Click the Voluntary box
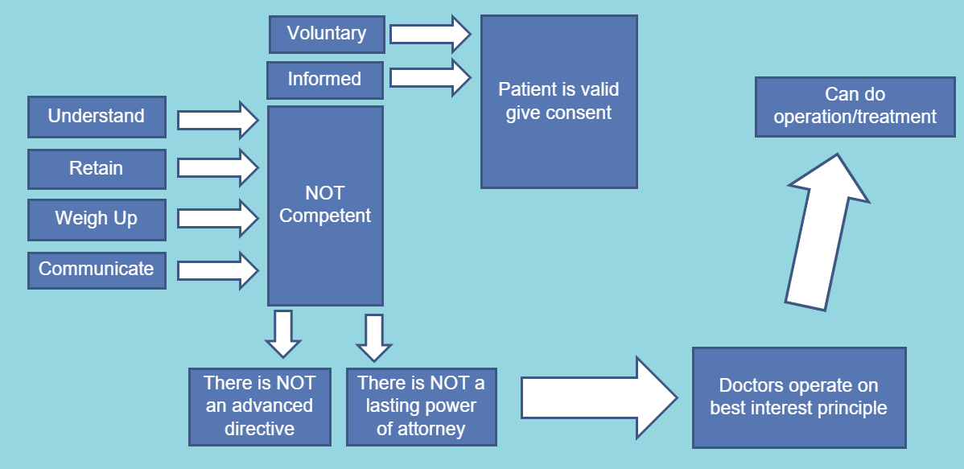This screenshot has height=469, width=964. click(326, 34)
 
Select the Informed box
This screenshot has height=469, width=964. click(325, 79)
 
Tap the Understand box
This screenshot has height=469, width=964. click(97, 117)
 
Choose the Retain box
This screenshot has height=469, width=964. click(97, 169)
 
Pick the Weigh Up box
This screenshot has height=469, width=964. click(97, 219)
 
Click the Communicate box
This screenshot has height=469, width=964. click(97, 269)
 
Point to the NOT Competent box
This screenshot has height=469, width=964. click(325, 205)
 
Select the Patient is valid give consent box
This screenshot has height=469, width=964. click(558, 101)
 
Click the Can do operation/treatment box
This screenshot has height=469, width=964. click(855, 106)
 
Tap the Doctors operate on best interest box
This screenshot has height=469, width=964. click(798, 397)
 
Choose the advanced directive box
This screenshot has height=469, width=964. click(259, 406)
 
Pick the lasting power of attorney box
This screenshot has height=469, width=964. click(421, 406)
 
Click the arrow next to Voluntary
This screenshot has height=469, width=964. click(430, 34)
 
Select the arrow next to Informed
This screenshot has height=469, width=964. click(430, 78)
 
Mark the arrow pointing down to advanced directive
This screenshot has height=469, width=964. click(282, 333)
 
